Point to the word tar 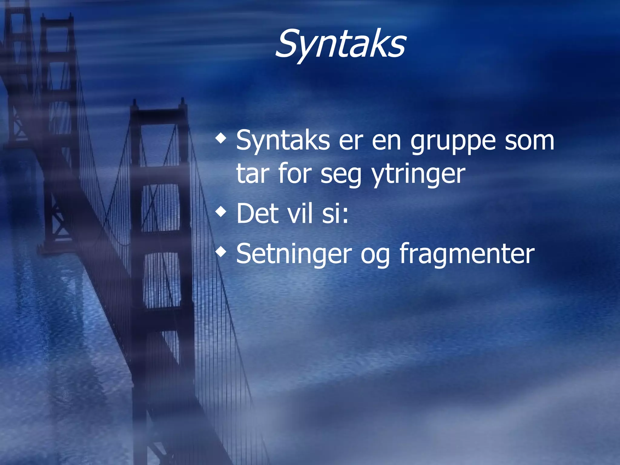(x=253, y=174)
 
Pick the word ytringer (x=418, y=175)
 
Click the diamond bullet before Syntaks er (x=221, y=139)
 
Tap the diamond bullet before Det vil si (x=221, y=212)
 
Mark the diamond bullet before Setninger (x=221, y=252)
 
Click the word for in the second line (x=295, y=174)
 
